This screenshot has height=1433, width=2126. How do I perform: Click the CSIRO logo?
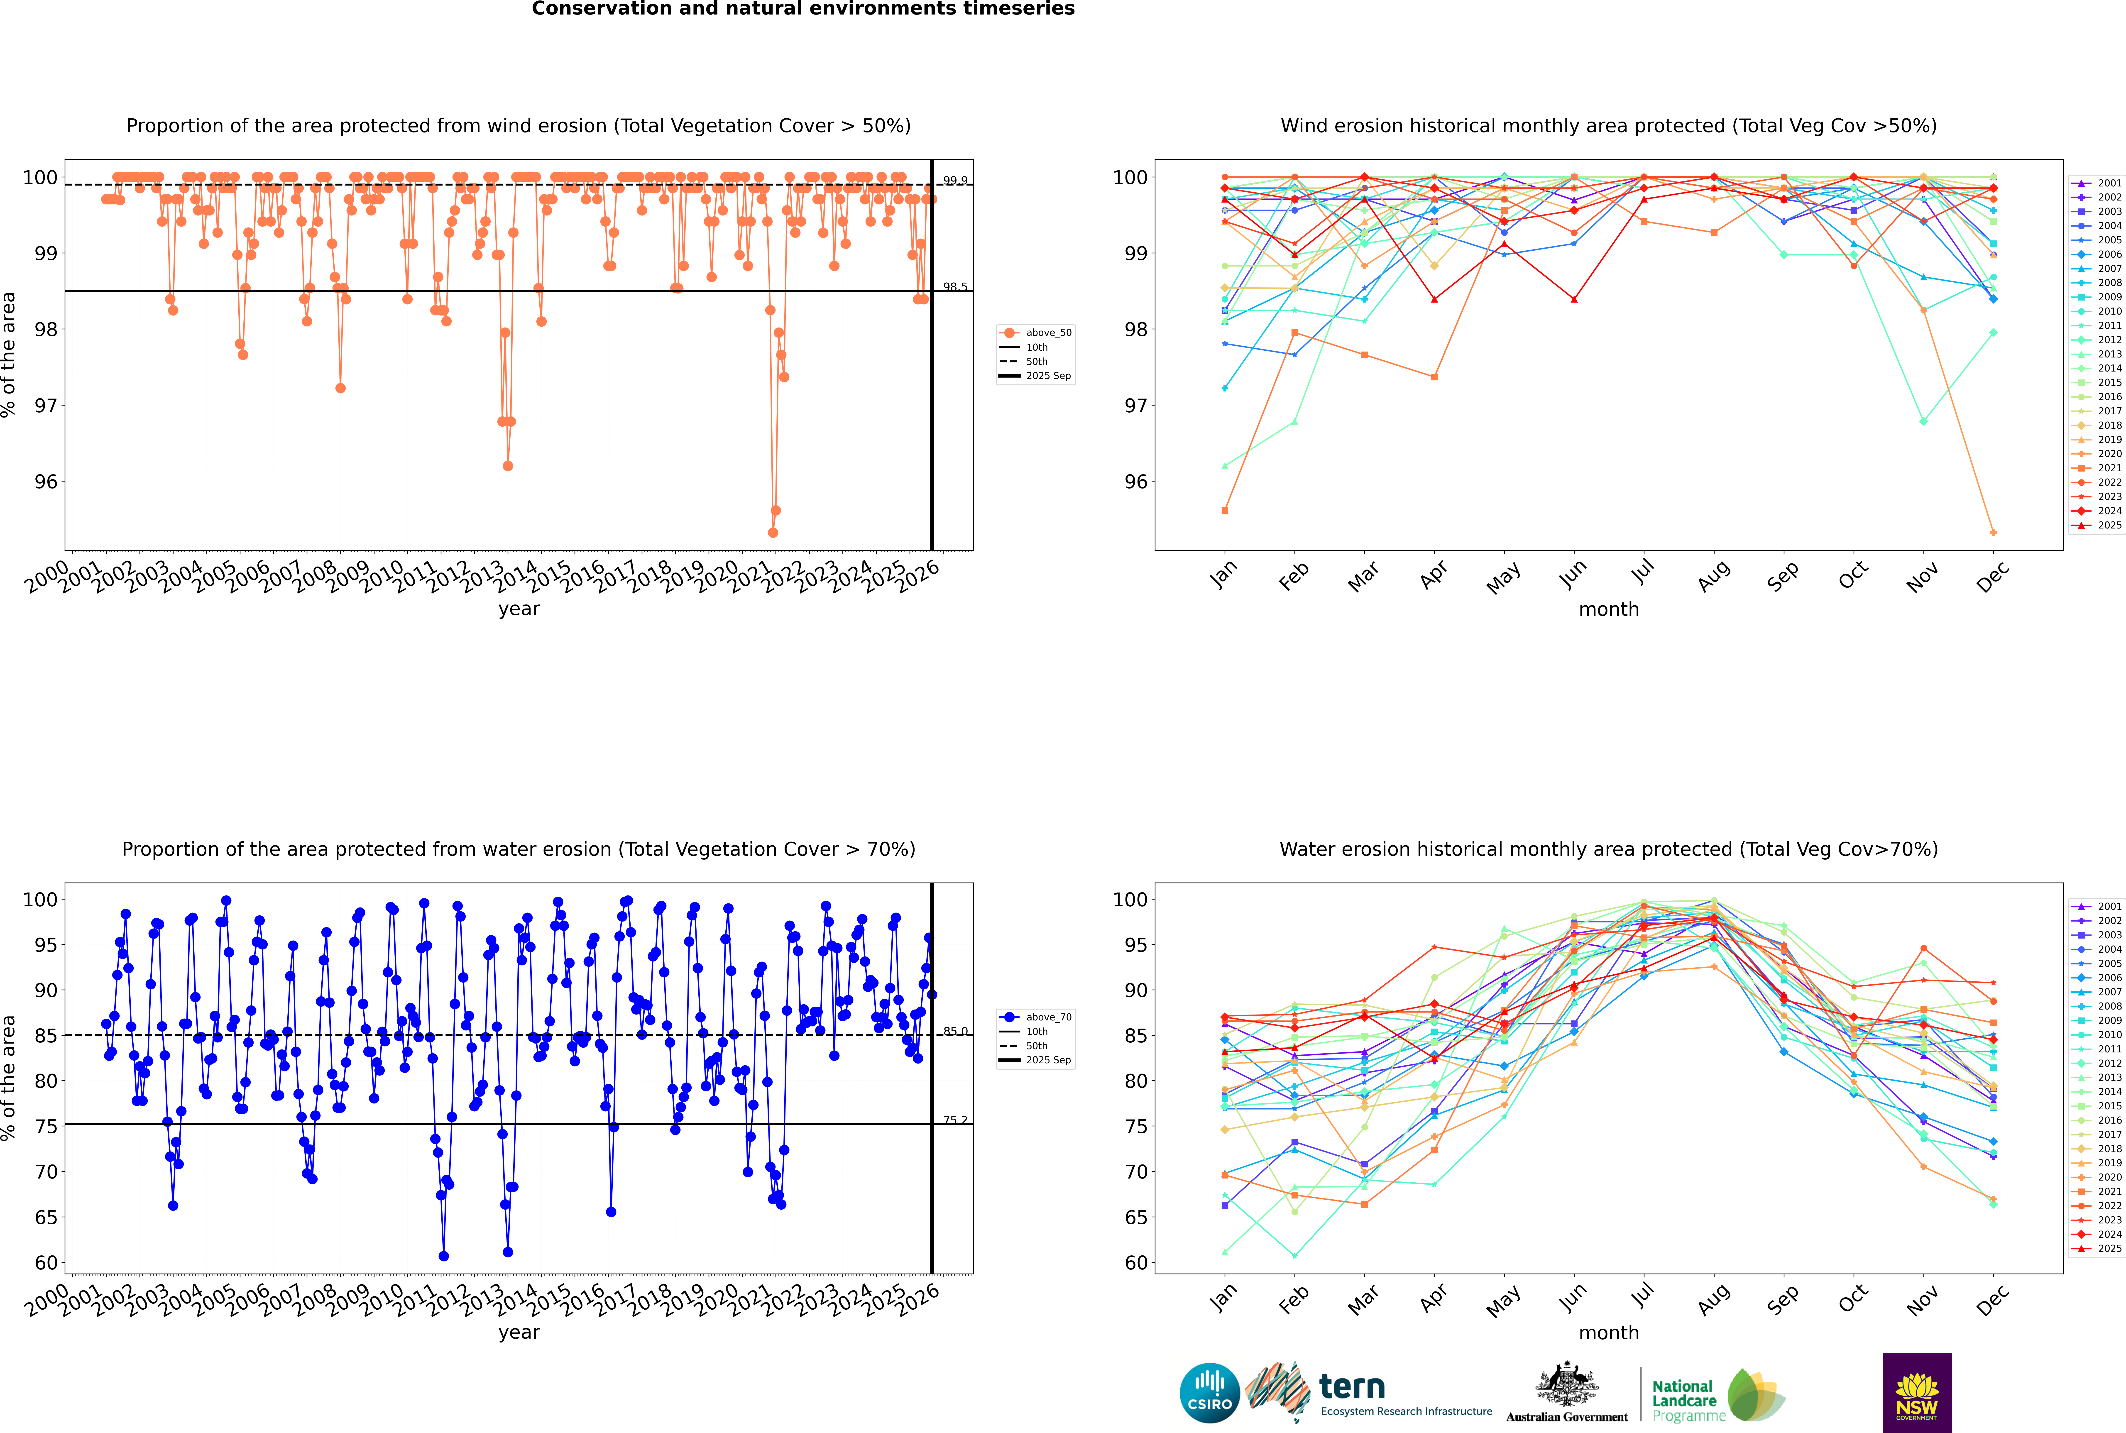click(1209, 1393)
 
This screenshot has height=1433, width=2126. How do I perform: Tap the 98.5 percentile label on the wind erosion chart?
click(955, 287)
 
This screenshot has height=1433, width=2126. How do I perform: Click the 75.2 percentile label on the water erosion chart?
click(955, 1120)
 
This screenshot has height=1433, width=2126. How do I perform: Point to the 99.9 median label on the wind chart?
click(955, 181)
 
